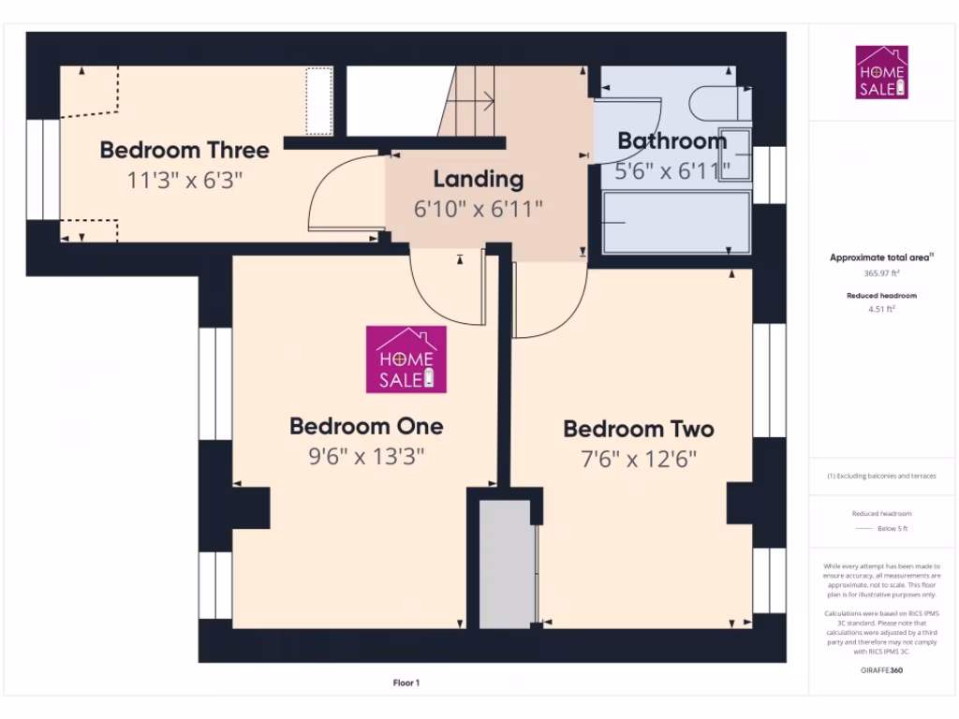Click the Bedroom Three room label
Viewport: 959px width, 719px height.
point(184,150)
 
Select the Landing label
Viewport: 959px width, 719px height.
point(478,179)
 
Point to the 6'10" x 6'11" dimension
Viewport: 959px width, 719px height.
point(478,209)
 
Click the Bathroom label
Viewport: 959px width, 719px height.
point(671,141)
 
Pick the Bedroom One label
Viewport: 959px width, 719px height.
point(366,426)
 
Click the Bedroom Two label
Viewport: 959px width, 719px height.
point(639,429)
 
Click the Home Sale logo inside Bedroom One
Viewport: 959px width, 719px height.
point(406,359)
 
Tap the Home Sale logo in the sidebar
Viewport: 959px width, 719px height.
point(881,72)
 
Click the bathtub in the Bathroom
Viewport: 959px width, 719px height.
point(676,222)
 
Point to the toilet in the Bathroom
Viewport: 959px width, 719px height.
point(716,102)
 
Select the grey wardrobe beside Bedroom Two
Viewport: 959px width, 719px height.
point(506,565)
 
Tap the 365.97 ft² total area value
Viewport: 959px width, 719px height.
point(881,274)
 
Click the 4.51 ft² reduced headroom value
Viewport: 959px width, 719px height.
point(881,308)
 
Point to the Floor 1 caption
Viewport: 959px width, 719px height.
point(406,683)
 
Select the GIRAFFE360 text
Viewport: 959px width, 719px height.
point(881,670)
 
